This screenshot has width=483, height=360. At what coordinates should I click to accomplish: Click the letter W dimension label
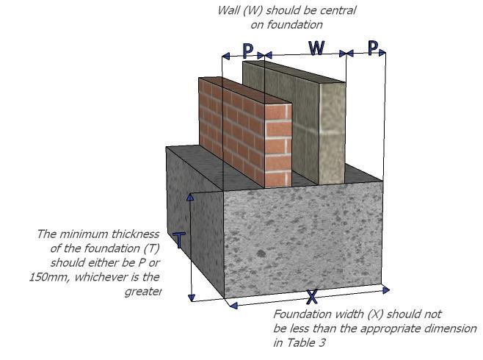(x=316, y=48)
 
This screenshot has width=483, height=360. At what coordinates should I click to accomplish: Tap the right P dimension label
(x=373, y=48)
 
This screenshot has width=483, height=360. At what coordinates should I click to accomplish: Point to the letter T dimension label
(x=179, y=240)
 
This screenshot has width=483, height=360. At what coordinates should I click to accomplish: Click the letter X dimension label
(x=312, y=298)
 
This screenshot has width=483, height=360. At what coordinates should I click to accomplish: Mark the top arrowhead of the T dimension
(x=191, y=196)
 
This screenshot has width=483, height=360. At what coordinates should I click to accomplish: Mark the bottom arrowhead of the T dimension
(x=191, y=298)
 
